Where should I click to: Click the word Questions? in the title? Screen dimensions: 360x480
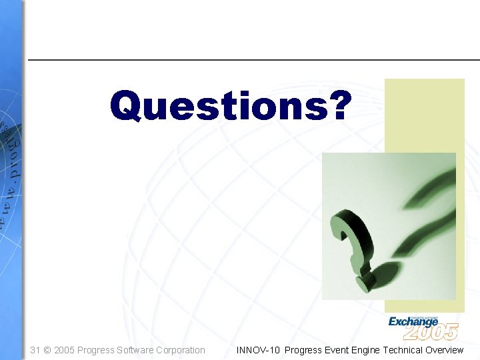click(229, 106)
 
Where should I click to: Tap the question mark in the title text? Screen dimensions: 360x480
click(334, 106)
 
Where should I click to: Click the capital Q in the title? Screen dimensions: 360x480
click(129, 107)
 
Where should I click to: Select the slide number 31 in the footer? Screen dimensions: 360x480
click(36, 350)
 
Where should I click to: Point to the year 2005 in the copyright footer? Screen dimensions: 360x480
click(65, 350)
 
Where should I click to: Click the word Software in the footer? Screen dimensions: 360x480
click(135, 350)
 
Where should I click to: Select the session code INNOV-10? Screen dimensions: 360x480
click(258, 350)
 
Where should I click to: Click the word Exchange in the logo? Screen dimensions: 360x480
click(413, 322)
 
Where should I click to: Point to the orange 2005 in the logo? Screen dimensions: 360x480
click(431, 331)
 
